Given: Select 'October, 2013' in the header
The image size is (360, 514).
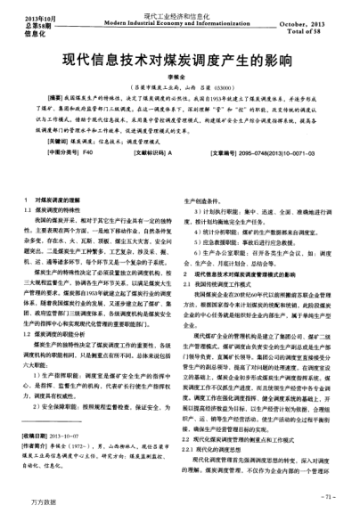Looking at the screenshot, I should (x=314, y=24).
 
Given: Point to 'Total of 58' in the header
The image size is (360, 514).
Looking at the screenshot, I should (x=322, y=31).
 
